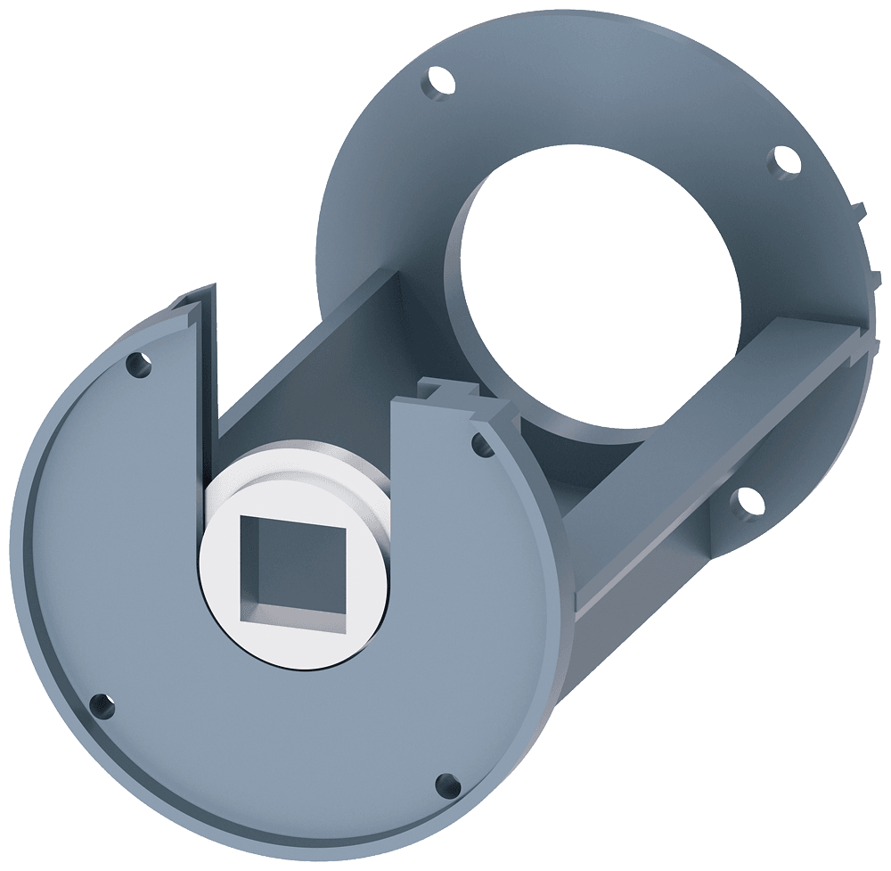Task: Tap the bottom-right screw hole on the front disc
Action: (442, 783)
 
